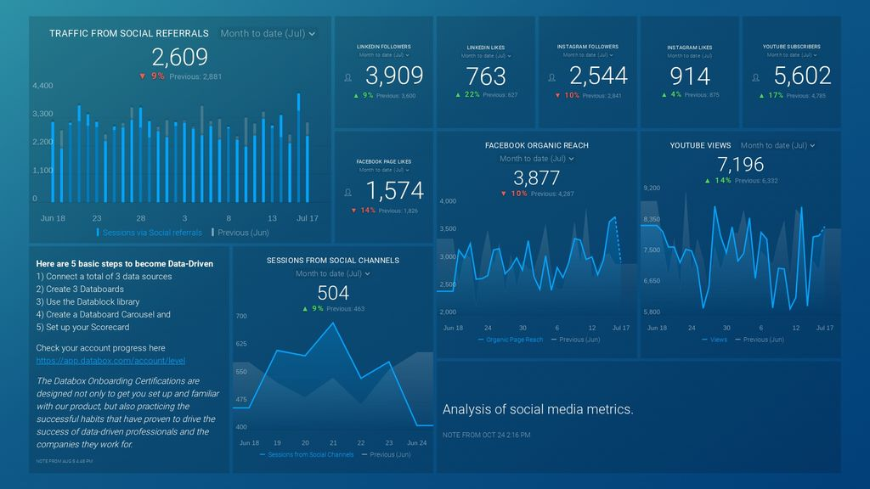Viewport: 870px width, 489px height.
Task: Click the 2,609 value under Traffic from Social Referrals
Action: click(x=179, y=58)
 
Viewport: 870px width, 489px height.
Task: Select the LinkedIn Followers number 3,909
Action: click(x=394, y=76)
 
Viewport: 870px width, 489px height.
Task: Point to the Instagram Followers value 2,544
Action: click(x=598, y=76)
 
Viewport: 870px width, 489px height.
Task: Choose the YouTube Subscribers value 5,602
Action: click(x=802, y=76)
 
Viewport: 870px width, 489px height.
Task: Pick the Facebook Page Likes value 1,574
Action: click(x=394, y=191)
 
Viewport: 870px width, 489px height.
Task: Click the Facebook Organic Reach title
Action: click(x=536, y=145)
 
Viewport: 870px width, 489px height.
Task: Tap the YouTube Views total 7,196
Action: click(x=740, y=164)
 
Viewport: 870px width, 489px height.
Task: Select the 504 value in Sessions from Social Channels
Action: click(x=332, y=293)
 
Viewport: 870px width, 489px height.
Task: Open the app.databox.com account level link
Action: click(x=110, y=361)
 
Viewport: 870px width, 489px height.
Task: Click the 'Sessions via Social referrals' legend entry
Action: click(x=152, y=232)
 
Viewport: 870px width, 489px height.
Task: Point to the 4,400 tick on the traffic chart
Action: click(x=42, y=86)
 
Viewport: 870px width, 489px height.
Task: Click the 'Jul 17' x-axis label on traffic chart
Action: click(x=307, y=218)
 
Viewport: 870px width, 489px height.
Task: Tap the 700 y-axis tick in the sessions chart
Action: click(x=241, y=316)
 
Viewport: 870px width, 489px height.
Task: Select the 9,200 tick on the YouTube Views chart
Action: click(x=652, y=187)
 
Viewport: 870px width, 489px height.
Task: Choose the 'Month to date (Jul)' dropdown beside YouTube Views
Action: click(x=777, y=145)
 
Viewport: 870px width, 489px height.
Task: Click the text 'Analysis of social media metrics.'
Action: click(x=538, y=409)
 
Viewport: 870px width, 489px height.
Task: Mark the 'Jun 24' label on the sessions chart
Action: click(x=417, y=443)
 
